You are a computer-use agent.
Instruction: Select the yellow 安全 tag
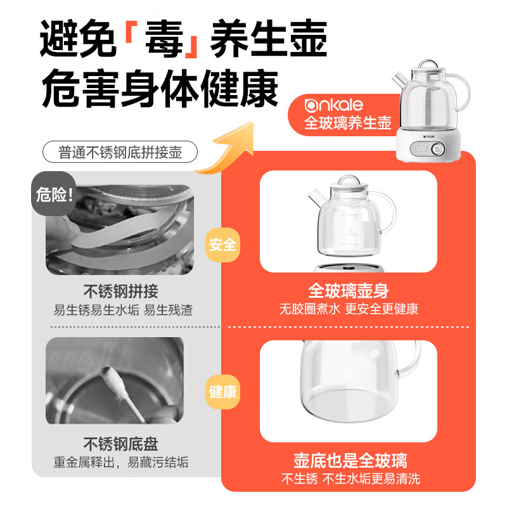(x=222, y=245)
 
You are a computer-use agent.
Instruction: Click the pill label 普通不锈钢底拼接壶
(x=120, y=153)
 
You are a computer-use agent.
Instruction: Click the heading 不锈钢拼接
(x=120, y=292)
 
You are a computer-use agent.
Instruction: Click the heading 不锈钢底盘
(x=120, y=443)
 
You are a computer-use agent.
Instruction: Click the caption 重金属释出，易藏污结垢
(x=120, y=463)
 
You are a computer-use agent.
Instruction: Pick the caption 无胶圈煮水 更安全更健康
(x=349, y=310)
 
